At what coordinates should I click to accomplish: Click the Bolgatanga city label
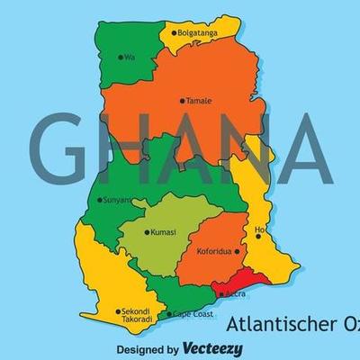click(x=199, y=33)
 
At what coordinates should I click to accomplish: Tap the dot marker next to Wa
click(x=121, y=57)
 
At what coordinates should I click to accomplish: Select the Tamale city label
click(x=199, y=101)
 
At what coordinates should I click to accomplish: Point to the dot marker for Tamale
click(x=182, y=101)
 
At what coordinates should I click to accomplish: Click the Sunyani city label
click(x=118, y=200)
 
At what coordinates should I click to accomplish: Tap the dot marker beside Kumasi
click(x=147, y=232)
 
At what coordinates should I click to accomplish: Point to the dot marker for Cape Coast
click(x=168, y=314)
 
